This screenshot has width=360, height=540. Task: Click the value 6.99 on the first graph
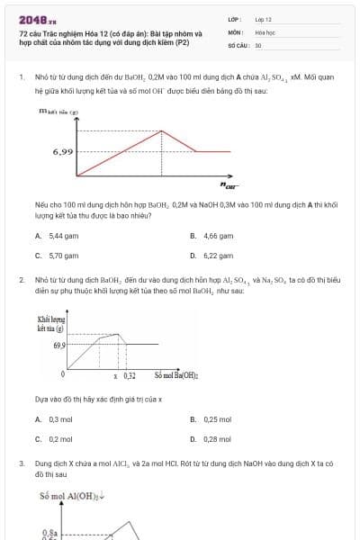[x=63, y=152]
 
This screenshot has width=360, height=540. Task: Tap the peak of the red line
[x=160, y=130]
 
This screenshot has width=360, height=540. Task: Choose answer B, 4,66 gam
[x=212, y=236]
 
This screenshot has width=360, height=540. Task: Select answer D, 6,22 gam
[x=212, y=256]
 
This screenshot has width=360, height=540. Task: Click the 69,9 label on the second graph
[x=59, y=345]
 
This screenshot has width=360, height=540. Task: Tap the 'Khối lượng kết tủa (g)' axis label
[x=49, y=325]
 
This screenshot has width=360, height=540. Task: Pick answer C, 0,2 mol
[x=54, y=439]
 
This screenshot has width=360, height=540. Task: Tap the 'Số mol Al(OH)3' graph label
[x=72, y=496]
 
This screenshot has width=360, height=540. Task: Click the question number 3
[x=21, y=463]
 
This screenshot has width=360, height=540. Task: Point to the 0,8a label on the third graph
[x=50, y=533]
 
